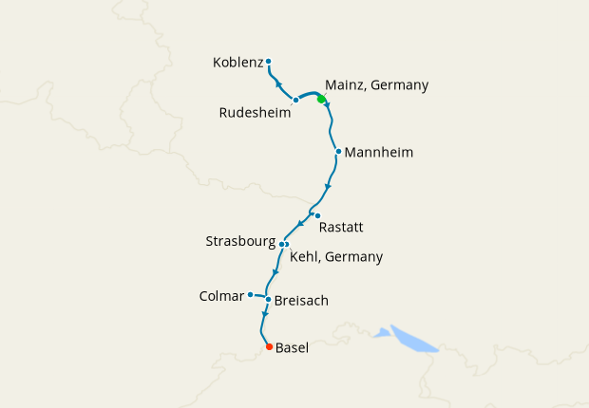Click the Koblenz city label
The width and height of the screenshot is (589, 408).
tap(237, 63)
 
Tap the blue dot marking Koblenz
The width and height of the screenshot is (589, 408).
tap(269, 62)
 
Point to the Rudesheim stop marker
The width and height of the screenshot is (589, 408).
tap(296, 100)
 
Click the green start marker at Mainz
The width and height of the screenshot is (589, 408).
tap(322, 99)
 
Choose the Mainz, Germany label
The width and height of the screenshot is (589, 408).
tap(376, 84)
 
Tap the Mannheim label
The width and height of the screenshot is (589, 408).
tap(379, 152)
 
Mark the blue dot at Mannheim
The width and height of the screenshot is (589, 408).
tap(337, 151)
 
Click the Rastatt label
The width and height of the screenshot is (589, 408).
tap(342, 227)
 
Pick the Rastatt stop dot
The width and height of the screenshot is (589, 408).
tap(317, 215)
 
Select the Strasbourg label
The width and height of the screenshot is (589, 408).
tap(240, 242)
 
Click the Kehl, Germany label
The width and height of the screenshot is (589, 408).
tap(335, 256)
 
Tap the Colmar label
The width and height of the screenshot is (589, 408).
tap(221, 296)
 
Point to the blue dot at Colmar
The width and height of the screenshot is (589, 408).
tap(250, 294)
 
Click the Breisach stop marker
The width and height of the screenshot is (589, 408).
tap(269, 300)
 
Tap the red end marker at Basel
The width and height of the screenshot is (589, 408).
tap(269, 346)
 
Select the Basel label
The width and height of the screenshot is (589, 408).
tap(293, 348)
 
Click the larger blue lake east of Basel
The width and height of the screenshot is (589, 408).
tap(413, 339)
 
